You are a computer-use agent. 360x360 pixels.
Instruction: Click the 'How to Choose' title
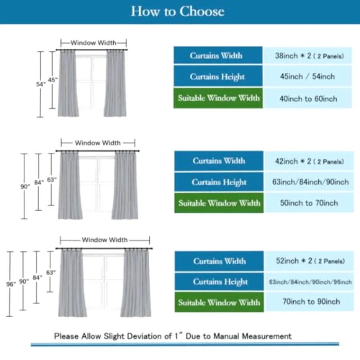tap(178, 11)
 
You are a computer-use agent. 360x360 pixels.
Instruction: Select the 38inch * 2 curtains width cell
tap(308, 56)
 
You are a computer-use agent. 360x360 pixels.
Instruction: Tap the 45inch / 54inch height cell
tap(308, 76)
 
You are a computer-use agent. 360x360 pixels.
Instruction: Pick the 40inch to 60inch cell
tap(308, 98)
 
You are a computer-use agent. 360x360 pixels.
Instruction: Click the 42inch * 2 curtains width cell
tap(309, 161)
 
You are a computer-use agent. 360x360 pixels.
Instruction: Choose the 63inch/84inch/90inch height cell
tap(309, 182)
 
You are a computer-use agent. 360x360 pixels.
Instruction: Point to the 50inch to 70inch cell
tap(309, 203)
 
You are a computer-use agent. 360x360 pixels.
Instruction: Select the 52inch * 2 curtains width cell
tap(310, 261)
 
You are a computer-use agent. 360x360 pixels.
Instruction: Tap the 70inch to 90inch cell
tap(310, 302)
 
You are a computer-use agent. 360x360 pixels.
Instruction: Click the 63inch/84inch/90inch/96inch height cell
tap(310, 282)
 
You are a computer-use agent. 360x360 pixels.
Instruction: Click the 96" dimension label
tap(11, 284)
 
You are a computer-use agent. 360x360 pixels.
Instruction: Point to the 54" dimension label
tap(41, 84)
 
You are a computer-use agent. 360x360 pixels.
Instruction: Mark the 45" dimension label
tap(52, 80)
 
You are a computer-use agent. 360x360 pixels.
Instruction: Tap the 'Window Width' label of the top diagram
tap(93, 43)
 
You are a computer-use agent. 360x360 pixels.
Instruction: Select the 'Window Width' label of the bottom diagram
tap(105, 240)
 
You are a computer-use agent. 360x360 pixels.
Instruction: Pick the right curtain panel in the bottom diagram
tap(136, 283)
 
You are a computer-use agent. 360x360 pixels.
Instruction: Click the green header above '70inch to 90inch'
tap(219, 302)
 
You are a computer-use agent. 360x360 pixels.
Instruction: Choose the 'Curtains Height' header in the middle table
tap(219, 182)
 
